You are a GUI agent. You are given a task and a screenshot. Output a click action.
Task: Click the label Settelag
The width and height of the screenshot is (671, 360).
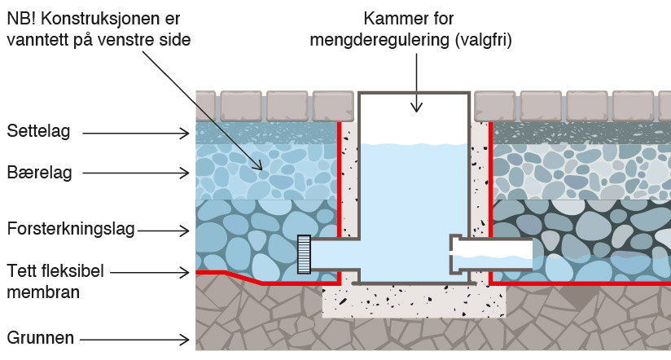tap(38, 131)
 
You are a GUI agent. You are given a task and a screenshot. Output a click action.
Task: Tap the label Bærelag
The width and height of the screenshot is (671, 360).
tap(39, 173)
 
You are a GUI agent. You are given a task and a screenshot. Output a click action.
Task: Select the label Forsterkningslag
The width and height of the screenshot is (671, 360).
tap(71, 229)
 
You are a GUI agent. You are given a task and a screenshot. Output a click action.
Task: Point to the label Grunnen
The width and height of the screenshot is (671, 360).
tap(41, 338)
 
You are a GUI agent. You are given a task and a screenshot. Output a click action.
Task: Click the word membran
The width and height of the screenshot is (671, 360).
tap(43, 292)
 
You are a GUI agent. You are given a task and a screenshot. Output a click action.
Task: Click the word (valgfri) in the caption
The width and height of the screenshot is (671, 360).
tap(483, 40)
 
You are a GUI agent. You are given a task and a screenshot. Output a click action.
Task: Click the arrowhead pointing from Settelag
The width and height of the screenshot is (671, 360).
tap(184, 134)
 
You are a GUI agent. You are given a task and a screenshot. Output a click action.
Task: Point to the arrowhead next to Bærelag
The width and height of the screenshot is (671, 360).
tap(184, 173)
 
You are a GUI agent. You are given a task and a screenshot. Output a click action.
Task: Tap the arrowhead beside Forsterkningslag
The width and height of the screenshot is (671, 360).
tap(184, 230)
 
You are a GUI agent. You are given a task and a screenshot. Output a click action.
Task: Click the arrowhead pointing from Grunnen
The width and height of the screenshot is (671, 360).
tap(184, 340)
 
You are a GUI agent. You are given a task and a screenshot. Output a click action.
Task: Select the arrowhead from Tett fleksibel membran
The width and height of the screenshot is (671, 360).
tap(184, 272)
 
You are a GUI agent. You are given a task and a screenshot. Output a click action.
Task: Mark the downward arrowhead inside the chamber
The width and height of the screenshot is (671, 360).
tap(416, 107)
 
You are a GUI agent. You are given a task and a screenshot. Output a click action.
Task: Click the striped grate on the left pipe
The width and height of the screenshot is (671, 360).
tap(304, 254)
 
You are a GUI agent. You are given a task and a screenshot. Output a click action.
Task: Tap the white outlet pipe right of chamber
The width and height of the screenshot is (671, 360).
tap(491, 254)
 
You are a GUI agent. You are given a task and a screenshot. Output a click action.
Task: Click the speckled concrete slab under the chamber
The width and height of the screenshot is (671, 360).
tap(414, 301)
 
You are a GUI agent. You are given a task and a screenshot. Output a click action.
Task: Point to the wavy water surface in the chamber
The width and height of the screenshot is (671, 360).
tap(414, 145)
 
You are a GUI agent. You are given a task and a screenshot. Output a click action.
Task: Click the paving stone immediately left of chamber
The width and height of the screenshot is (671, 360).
tap(333, 106)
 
